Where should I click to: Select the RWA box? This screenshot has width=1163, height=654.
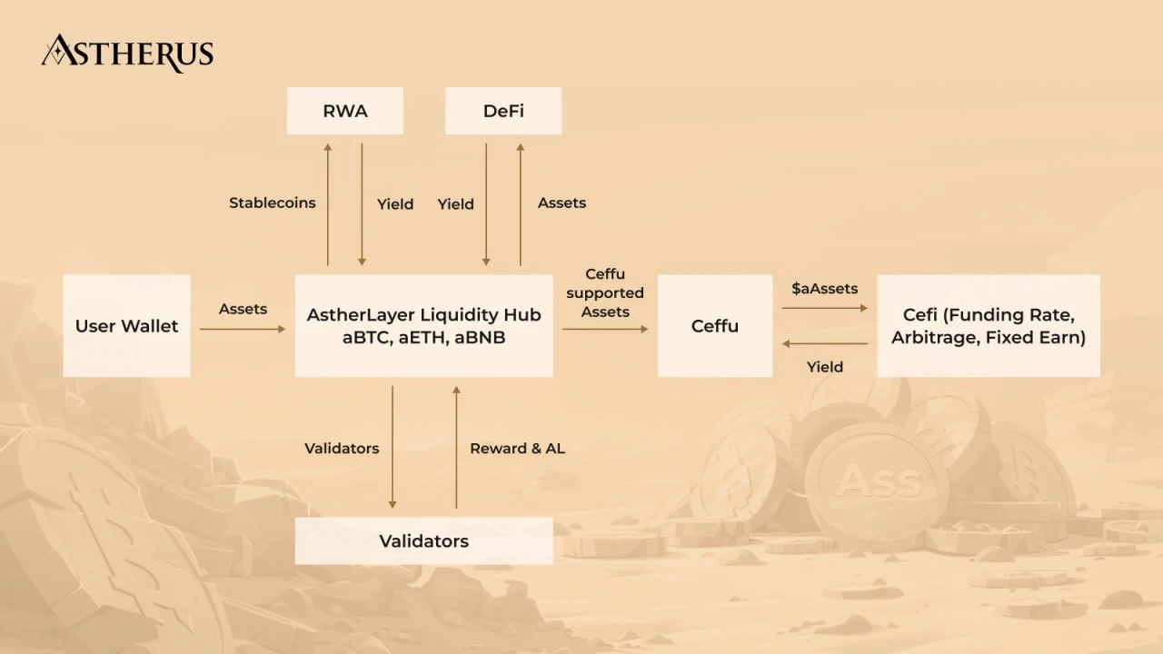tap(344, 111)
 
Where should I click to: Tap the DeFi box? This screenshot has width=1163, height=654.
tap(503, 111)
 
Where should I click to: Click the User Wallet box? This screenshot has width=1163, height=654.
tap(126, 325)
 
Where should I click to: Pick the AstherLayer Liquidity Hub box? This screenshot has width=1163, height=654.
tap(423, 325)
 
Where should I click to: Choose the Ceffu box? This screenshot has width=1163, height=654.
tap(714, 325)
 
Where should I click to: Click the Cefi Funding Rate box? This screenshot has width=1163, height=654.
tap(988, 325)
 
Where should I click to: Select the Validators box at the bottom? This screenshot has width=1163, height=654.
tap(423, 540)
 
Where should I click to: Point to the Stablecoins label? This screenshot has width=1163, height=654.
tap(272, 203)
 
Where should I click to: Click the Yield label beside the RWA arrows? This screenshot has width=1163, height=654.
tap(395, 204)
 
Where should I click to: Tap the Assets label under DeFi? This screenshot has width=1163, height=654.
tap(562, 203)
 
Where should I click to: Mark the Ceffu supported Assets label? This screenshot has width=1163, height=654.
tap(605, 292)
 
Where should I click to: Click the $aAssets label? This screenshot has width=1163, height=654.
tap(825, 288)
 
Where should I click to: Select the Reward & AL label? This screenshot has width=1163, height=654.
tap(517, 448)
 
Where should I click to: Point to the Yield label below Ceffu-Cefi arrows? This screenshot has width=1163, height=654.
tap(825, 367)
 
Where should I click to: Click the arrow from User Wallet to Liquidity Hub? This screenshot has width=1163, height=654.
tap(242, 329)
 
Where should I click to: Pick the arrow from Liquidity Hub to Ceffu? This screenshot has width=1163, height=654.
tap(605, 329)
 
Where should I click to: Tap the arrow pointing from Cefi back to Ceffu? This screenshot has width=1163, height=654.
tap(825, 343)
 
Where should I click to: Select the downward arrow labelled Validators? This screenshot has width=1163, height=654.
tap(393, 445)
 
